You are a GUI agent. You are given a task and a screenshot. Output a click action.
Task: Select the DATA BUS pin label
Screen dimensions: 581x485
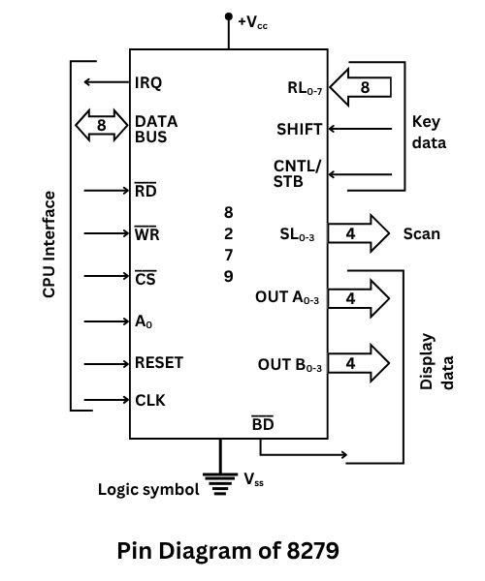(x=156, y=130)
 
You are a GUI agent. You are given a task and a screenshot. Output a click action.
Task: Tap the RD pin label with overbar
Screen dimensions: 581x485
(x=145, y=190)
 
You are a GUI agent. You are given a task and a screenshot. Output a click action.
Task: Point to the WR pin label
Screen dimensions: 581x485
(x=146, y=233)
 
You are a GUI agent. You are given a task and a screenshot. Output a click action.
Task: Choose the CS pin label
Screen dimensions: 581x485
(x=145, y=280)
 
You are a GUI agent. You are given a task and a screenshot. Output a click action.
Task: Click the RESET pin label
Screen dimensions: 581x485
(x=159, y=363)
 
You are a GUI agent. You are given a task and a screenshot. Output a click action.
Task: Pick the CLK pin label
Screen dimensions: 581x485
(x=149, y=399)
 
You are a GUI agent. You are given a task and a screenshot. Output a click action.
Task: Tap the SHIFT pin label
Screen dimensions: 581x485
(x=299, y=129)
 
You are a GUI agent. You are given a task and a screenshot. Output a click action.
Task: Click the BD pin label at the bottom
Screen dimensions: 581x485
(x=262, y=424)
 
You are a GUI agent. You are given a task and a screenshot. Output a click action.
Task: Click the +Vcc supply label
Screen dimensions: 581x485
(x=254, y=18)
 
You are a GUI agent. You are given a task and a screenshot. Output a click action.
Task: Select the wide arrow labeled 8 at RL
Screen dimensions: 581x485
(x=361, y=87)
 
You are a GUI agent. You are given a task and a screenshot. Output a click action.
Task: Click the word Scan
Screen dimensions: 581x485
(x=421, y=233)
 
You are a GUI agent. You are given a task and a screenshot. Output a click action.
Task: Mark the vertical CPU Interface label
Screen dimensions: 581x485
(x=49, y=244)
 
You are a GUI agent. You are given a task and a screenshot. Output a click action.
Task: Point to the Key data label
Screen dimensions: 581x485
(x=430, y=133)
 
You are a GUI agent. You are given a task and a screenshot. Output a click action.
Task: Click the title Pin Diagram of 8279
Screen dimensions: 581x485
(x=228, y=551)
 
